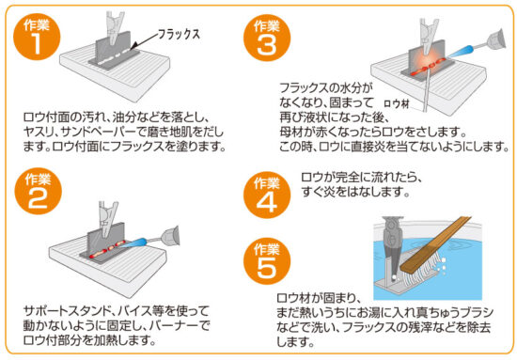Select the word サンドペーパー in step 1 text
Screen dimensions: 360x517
click(x=99, y=133)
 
